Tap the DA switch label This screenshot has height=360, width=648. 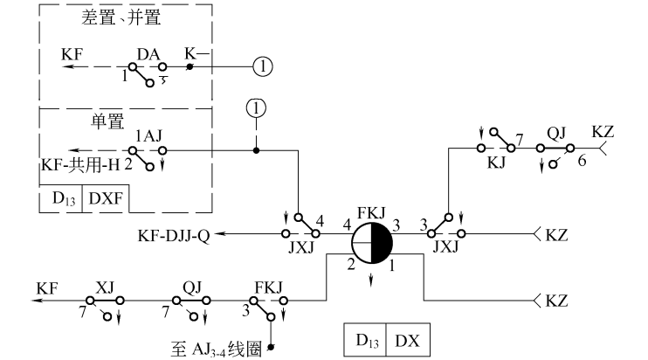click(x=148, y=53)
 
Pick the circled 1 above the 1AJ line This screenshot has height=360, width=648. click(x=255, y=107)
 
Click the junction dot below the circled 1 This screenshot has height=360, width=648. click(x=255, y=150)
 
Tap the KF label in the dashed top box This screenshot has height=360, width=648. click(x=72, y=54)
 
